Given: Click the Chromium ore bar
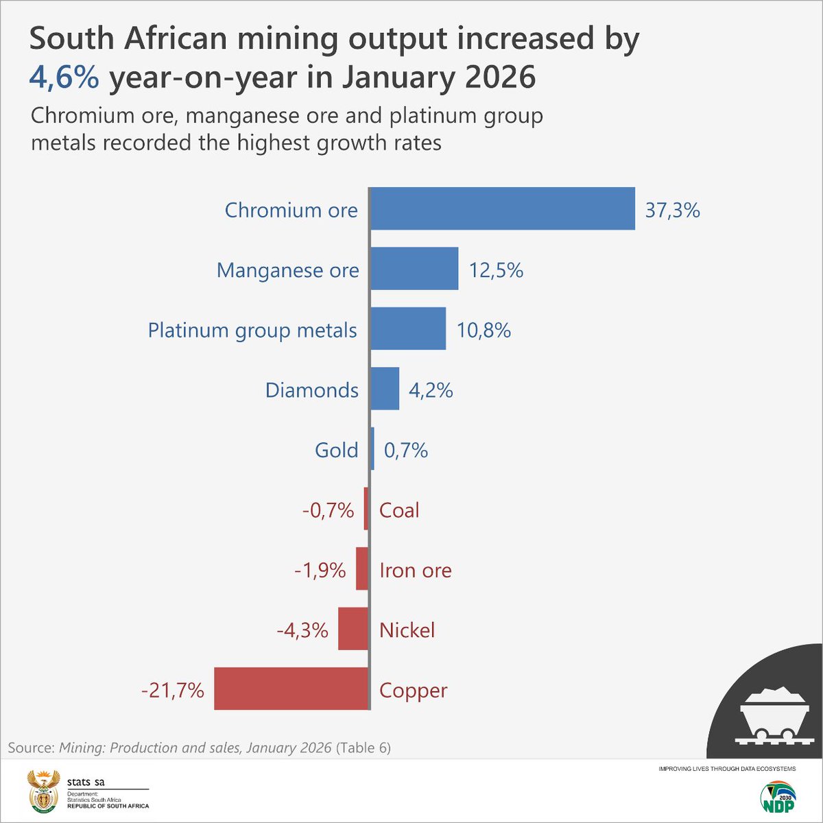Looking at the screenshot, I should coord(502,208).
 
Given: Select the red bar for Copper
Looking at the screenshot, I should coord(291,689).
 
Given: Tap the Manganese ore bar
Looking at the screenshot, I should coord(414,269).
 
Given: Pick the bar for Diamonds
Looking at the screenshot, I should coord(385,389).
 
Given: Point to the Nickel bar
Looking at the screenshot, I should coord(353,629).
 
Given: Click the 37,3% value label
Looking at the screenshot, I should coord(672,210).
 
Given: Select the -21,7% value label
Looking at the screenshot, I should coord(173,690).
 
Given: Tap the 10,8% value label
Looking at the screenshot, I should coord(484,331).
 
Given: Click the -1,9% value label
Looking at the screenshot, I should coord(320,570).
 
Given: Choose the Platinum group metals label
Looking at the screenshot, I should coord(252,330).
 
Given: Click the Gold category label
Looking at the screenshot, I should coord(336,450).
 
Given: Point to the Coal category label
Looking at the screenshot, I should coord(399,510).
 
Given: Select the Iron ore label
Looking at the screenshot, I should coord(415,570).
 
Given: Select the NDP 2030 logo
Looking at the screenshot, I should coord(777,798).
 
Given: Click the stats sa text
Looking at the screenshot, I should coord(86,782).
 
